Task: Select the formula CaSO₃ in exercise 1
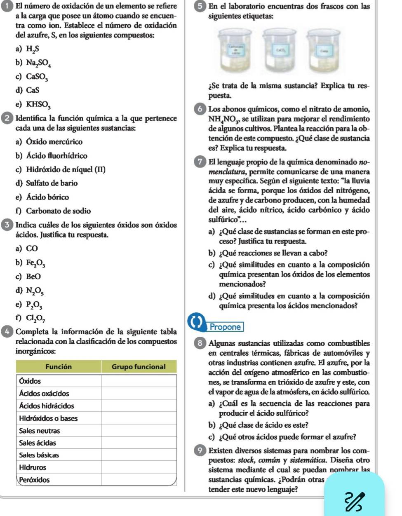pyautogui.click(x=37, y=77)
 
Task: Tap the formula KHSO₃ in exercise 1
pyautogui.click(x=38, y=104)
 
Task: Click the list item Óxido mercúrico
pyautogui.click(x=54, y=142)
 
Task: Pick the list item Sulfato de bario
pyautogui.click(x=52, y=183)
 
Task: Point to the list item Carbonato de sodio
pyautogui.click(x=58, y=211)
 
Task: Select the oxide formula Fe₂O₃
pyautogui.click(x=36, y=263)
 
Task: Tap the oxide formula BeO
pyautogui.click(x=33, y=276)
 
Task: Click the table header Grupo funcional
pyautogui.click(x=139, y=366)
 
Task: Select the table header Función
pyautogui.click(x=59, y=366)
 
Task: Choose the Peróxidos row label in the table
pyautogui.click(x=35, y=480)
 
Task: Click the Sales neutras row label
pyautogui.click(x=40, y=431)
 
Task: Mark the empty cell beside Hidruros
pyautogui.click(x=139, y=467)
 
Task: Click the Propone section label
pyautogui.click(x=225, y=327)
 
